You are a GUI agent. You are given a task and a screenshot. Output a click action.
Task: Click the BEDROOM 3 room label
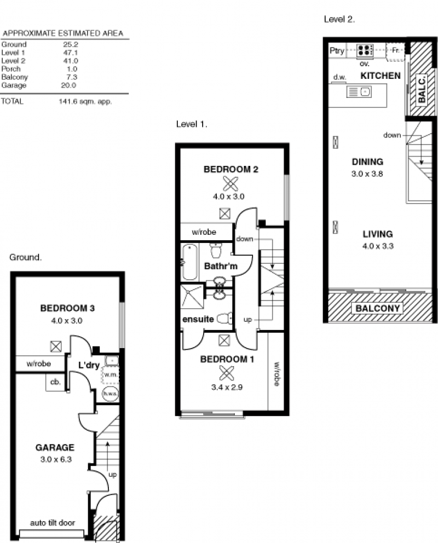click(67, 308)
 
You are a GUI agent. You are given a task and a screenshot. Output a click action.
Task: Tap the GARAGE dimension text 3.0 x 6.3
click(56, 459)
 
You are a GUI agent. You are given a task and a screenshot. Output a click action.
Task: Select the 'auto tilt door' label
click(52, 523)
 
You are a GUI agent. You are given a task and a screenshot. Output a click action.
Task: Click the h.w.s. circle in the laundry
click(110, 394)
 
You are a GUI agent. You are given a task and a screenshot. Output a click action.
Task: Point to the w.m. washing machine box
click(110, 375)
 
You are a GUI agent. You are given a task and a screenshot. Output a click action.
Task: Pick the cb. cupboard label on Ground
click(55, 382)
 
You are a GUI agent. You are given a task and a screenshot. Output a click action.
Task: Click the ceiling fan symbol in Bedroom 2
click(230, 183)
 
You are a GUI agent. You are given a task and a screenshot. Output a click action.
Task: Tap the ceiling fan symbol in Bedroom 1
click(226, 373)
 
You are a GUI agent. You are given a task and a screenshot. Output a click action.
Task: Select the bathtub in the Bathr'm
click(189, 262)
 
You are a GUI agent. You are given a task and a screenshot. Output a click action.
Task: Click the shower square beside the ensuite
click(192, 297)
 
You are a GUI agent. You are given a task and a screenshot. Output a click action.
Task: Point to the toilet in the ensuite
click(224, 318)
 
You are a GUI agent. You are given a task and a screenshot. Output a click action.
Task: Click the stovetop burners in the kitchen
click(365, 50)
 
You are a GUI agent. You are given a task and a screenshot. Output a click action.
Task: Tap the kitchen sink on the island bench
click(359, 92)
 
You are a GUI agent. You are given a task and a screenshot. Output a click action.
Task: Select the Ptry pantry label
click(337, 50)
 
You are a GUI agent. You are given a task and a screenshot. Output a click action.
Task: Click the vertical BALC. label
click(422, 90)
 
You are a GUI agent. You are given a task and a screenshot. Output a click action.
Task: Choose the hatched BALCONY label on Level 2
click(378, 308)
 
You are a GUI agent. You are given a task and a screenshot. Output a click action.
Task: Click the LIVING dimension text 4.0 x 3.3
click(378, 246)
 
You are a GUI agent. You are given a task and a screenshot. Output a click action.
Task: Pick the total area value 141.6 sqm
click(85, 101)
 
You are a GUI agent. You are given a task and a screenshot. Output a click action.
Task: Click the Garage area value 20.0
click(68, 85)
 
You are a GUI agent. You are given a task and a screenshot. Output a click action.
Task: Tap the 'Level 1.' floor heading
click(192, 124)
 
